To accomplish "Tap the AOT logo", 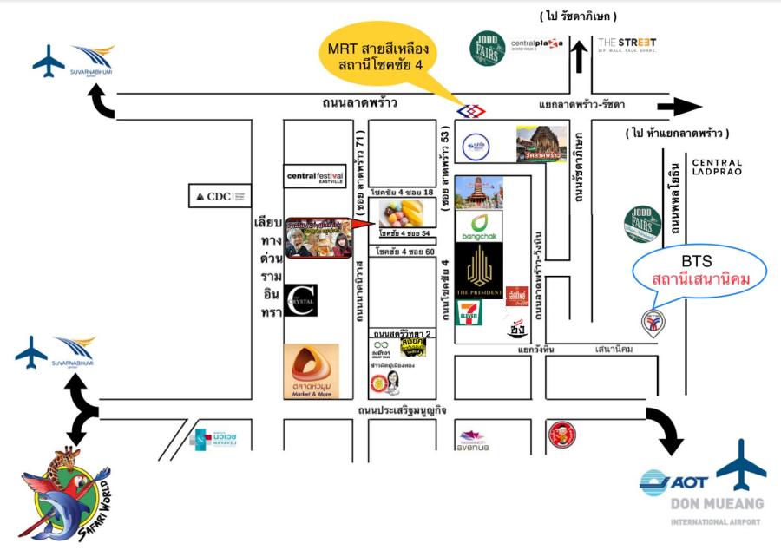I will point(673,481).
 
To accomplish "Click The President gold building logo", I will point(479,270).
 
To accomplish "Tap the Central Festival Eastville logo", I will point(315,177).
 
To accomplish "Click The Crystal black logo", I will point(306,300).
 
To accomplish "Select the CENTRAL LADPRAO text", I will point(717,167).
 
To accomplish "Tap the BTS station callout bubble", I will point(701,271).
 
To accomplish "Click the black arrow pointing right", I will point(679,107).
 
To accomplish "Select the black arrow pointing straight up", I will point(578,56).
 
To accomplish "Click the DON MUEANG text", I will point(717,503).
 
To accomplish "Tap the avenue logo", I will point(471,441).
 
